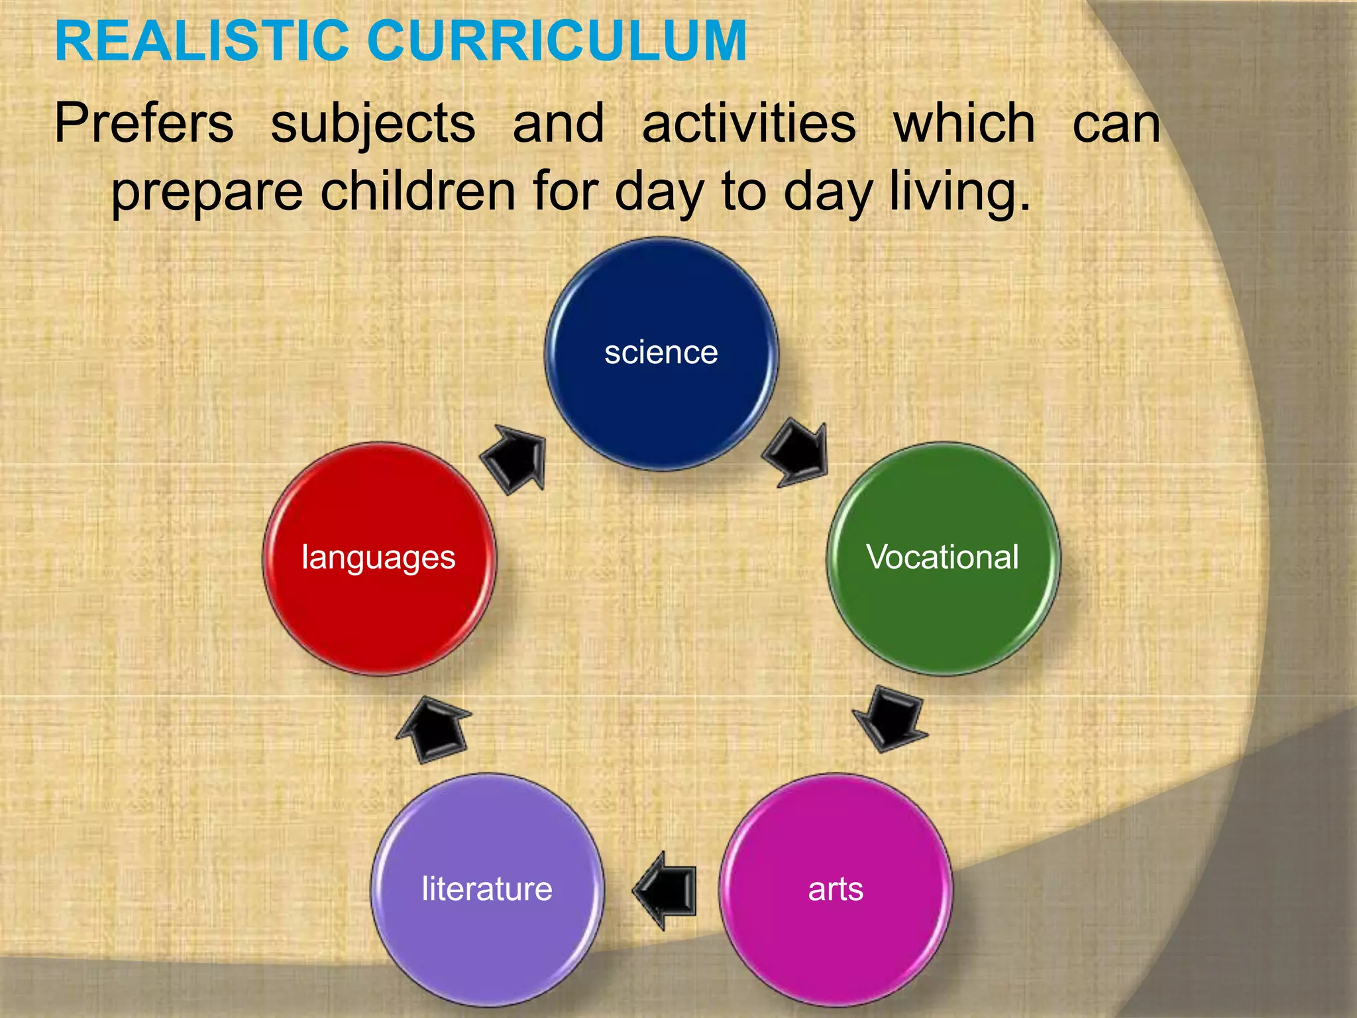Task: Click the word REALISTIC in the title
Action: [202, 41]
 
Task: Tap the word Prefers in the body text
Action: [144, 123]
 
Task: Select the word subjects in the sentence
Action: [373, 125]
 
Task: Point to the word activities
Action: [749, 123]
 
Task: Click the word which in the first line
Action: [964, 123]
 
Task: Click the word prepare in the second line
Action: [207, 193]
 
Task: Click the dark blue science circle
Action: [661, 398]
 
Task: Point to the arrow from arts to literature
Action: [667, 890]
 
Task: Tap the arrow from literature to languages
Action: [434, 729]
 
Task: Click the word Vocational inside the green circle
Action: [942, 557]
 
